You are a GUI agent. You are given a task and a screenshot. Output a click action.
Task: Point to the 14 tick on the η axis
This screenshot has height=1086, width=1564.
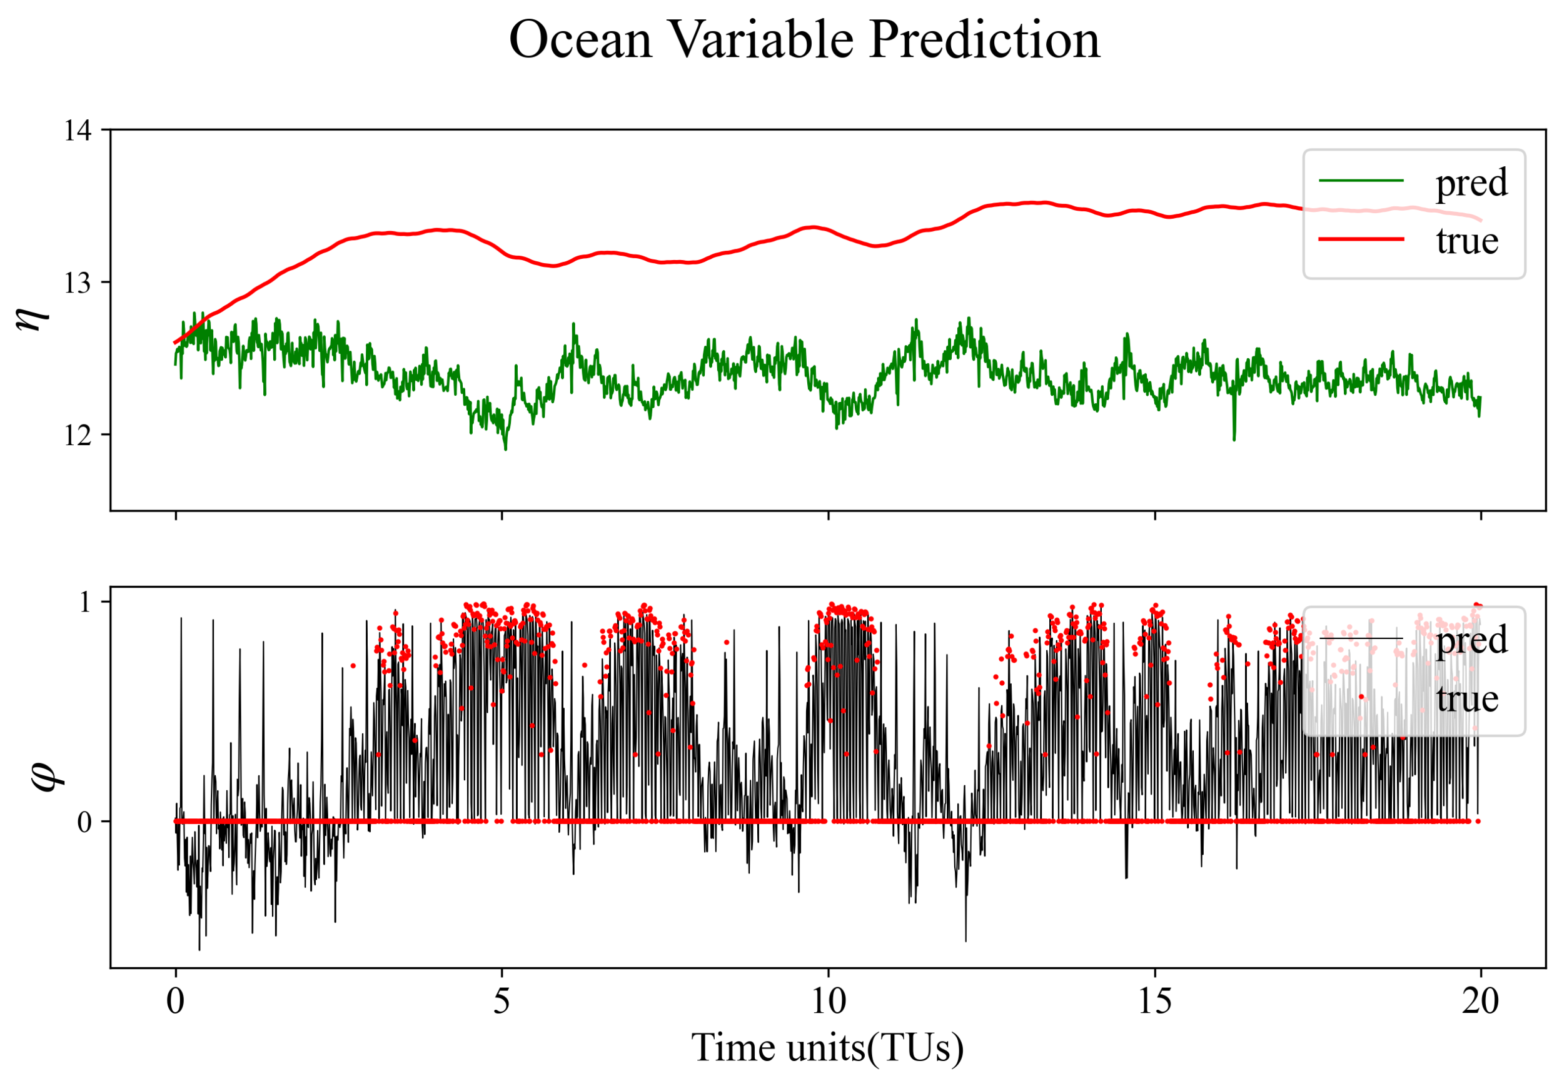tap(78, 130)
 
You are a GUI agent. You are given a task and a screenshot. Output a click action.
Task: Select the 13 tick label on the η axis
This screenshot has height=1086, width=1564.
tap(78, 283)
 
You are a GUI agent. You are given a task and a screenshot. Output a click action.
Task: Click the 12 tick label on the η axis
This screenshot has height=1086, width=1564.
tap(78, 435)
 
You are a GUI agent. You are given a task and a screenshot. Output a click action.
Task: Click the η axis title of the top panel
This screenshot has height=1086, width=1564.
tap(33, 317)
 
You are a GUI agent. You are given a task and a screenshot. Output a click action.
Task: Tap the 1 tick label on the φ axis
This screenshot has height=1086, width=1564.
tap(85, 602)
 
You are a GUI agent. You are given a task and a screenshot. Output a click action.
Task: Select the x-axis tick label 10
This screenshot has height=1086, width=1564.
tap(829, 1001)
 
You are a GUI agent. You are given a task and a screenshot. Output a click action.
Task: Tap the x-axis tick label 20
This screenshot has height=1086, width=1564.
tap(1480, 1001)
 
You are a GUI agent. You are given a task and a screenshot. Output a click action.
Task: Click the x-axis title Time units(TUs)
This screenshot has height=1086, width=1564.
tap(828, 1047)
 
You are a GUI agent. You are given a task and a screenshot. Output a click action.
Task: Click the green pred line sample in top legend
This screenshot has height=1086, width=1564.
tap(1361, 180)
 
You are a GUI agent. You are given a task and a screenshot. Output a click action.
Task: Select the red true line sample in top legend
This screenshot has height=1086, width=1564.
tap(1361, 239)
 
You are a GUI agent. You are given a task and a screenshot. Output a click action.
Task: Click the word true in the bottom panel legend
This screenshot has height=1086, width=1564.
tap(1467, 698)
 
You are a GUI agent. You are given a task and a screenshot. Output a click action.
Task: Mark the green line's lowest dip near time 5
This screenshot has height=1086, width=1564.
tap(505, 448)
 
